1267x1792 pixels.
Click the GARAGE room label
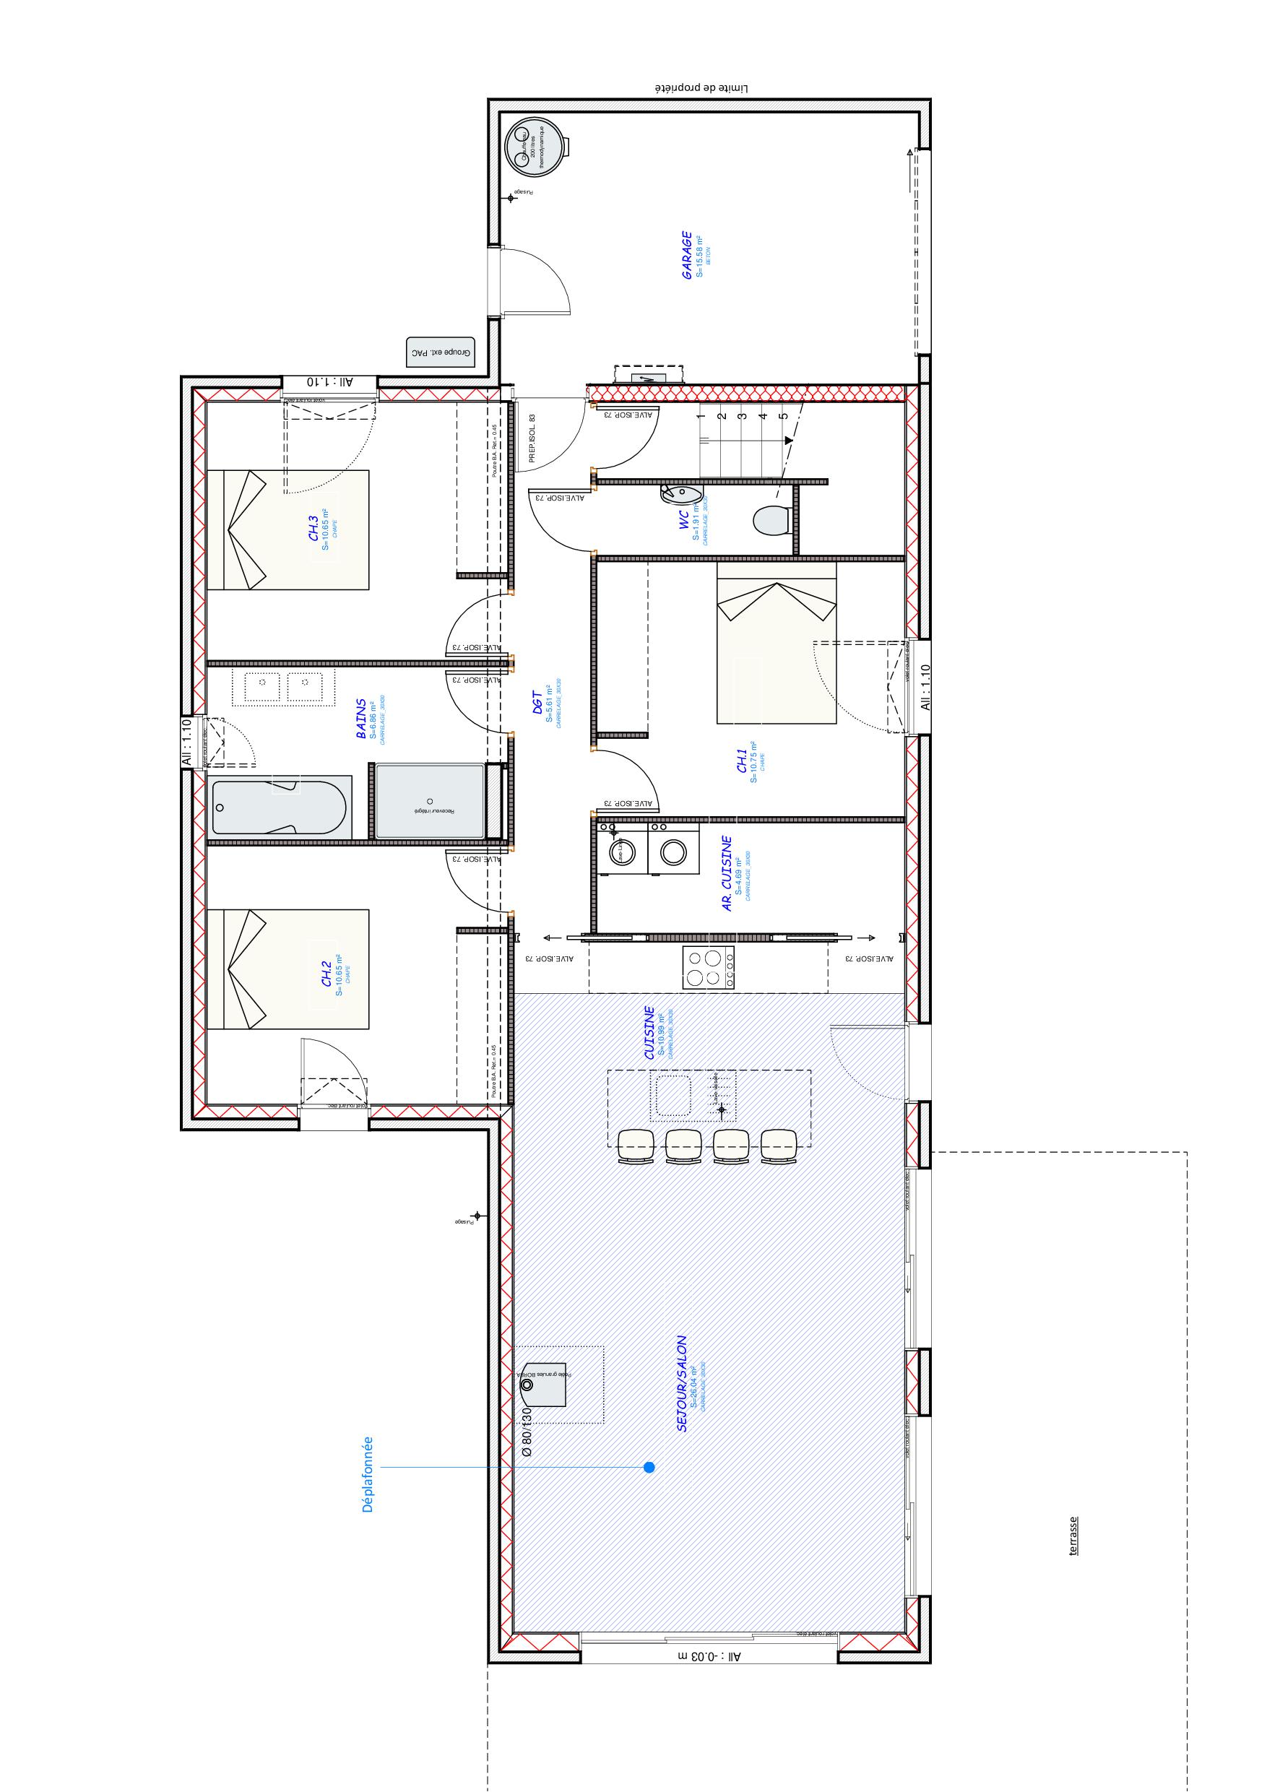click(x=686, y=254)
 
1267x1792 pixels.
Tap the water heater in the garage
click(x=535, y=147)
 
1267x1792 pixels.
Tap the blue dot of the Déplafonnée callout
click(x=649, y=1467)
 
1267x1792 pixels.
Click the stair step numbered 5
click(x=783, y=416)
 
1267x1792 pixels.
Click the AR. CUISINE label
click(x=726, y=873)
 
